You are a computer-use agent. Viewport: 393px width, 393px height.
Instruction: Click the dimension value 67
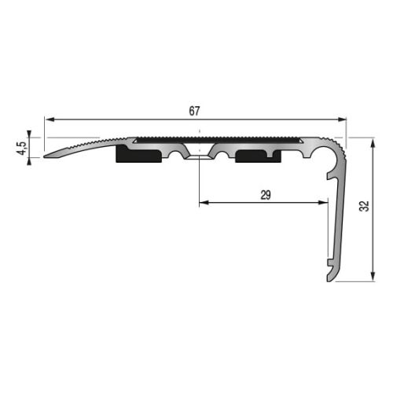tap(194, 111)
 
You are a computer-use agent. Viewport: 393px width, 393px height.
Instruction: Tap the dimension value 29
tap(265, 196)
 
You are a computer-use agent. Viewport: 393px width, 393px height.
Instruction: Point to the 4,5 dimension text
tap(21, 145)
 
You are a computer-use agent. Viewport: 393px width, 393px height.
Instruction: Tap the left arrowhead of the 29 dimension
tap(204, 204)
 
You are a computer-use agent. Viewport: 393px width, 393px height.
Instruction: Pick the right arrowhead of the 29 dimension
tap(322, 204)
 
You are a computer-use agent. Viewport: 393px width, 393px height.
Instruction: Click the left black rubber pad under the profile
tap(139, 155)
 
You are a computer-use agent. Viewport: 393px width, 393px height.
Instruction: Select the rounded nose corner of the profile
tap(340, 148)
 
